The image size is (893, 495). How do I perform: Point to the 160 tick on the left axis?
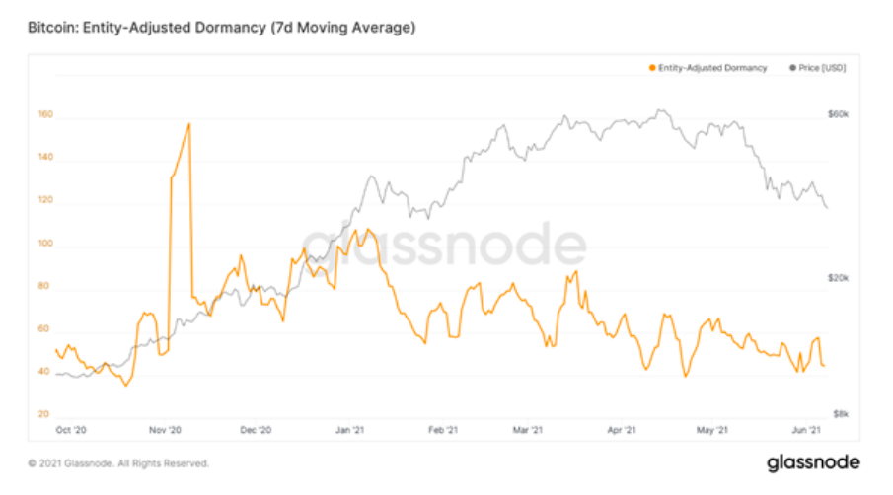(x=44, y=115)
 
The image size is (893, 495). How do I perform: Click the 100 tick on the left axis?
(x=44, y=245)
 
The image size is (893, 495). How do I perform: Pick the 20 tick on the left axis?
(x=44, y=414)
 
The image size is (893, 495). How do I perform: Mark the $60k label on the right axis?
(x=838, y=115)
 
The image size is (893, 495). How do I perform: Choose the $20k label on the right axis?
(x=838, y=279)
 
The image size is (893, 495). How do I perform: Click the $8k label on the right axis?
(x=838, y=414)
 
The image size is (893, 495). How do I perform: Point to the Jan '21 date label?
(x=350, y=430)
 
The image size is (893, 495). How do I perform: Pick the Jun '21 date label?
(x=808, y=430)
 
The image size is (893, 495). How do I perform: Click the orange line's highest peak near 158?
(x=188, y=124)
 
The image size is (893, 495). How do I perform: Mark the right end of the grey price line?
(x=827, y=208)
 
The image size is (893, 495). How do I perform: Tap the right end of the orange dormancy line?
(x=824, y=366)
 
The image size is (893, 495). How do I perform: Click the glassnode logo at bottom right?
(x=813, y=461)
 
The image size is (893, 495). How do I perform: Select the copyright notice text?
(x=117, y=462)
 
